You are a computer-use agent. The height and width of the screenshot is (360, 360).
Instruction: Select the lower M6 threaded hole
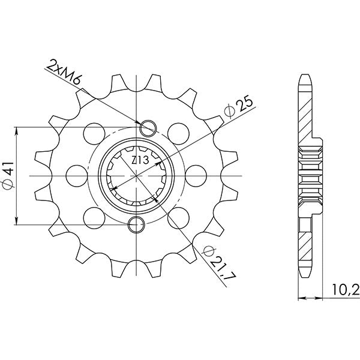click(137, 224)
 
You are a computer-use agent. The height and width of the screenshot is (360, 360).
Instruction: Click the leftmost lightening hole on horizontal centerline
click(76, 175)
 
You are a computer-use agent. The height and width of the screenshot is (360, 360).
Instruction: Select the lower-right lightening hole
click(177, 215)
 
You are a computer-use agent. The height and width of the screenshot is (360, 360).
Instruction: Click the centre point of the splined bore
click(137, 175)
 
